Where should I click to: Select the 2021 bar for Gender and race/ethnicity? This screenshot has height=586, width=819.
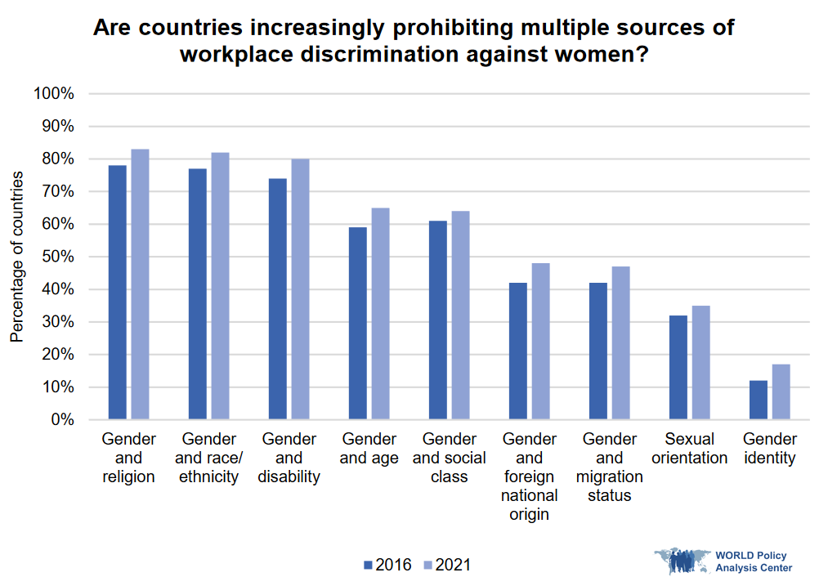[x=221, y=286]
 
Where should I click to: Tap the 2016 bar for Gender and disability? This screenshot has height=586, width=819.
[x=278, y=299]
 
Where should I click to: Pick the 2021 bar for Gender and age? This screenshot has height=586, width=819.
[x=381, y=314]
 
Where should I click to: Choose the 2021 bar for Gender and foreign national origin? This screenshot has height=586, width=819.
[x=541, y=342]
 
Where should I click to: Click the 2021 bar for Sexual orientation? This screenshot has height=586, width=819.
[x=701, y=363]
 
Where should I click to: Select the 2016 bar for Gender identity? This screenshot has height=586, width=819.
[x=759, y=400]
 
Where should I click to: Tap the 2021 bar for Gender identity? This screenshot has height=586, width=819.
[x=781, y=392]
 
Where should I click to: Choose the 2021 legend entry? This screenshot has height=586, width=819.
[x=447, y=565]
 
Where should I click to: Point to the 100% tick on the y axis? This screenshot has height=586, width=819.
[x=56, y=94]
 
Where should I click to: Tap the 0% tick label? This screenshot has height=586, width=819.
[x=62, y=420]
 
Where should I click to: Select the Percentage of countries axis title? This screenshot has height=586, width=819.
[x=17, y=257]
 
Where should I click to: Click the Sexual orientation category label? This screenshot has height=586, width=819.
[x=690, y=449]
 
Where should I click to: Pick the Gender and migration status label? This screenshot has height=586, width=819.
[x=610, y=467]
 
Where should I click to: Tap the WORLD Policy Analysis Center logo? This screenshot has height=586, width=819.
[x=724, y=561]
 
